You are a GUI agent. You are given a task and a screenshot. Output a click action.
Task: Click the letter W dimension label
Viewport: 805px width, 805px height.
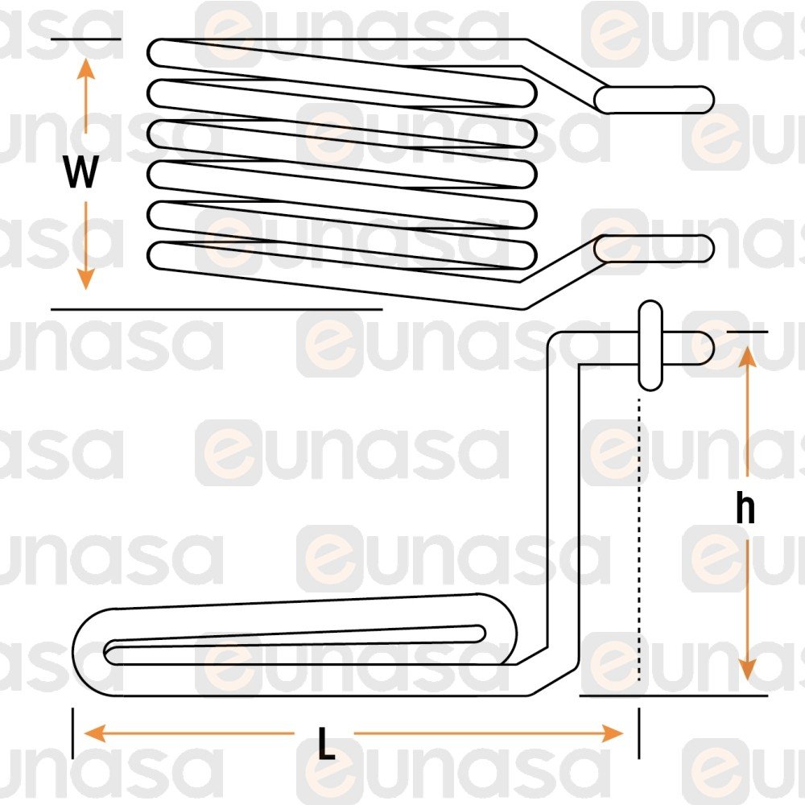click(x=81, y=172)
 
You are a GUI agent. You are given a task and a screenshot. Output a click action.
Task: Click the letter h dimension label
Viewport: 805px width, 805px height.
click(x=745, y=507)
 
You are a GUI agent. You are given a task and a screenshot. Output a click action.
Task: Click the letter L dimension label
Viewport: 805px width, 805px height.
click(x=326, y=743)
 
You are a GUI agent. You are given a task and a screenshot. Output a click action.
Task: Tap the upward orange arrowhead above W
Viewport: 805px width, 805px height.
click(x=86, y=68)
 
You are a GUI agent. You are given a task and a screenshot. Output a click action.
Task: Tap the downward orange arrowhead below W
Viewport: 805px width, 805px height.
click(x=86, y=279)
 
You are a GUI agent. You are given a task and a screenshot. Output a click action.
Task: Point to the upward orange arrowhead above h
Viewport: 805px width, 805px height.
click(x=747, y=356)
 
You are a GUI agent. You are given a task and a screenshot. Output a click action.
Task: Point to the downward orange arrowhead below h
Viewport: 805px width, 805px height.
click(x=747, y=671)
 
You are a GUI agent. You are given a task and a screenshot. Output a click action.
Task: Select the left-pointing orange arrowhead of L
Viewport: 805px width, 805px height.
click(x=94, y=733)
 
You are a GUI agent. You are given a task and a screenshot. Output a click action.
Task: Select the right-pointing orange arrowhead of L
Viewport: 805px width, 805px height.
click(x=613, y=733)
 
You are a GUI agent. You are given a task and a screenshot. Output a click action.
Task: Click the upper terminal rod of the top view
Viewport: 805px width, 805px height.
click(x=654, y=100)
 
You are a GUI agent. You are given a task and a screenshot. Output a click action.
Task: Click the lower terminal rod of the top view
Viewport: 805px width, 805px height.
click(x=654, y=249)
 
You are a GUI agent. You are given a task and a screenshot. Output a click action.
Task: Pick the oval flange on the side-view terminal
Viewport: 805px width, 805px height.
click(x=650, y=345)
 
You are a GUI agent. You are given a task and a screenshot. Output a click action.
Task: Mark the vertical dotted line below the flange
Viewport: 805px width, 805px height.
click(x=639, y=539)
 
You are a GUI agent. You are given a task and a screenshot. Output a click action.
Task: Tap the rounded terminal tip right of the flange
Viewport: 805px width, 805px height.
click(x=704, y=349)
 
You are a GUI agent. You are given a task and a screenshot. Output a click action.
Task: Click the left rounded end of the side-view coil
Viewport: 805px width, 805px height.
click(x=82, y=652)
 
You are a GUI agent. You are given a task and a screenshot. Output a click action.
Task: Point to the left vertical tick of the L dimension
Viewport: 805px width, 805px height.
click(x=73, y=733)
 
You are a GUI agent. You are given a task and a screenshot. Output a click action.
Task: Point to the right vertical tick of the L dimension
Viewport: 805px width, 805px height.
click(x=639, y=733)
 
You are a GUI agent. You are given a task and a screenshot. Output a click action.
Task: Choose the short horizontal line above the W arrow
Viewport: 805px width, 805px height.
click(x=86, y=39)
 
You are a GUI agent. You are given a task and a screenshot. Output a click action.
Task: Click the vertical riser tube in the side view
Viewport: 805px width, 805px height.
click(x=563, y=503)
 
